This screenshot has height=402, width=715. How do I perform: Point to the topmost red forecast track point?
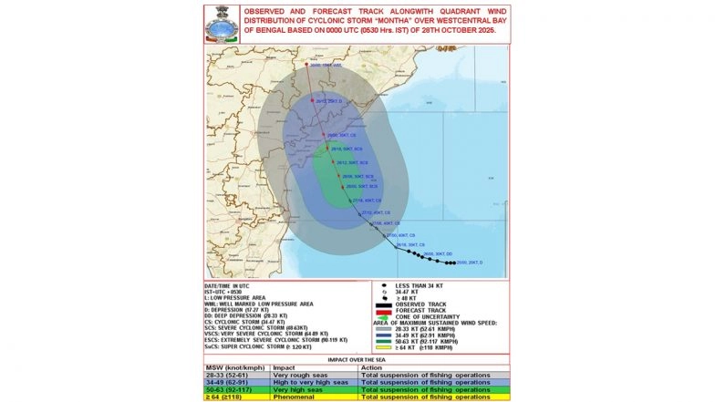(x=307, y=66)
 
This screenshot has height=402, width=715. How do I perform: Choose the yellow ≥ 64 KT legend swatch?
(x=382, y=347)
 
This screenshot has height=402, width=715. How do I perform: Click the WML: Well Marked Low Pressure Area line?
(x=259, y=303)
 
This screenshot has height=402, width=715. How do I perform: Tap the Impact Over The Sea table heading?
(x=357, y=360)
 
